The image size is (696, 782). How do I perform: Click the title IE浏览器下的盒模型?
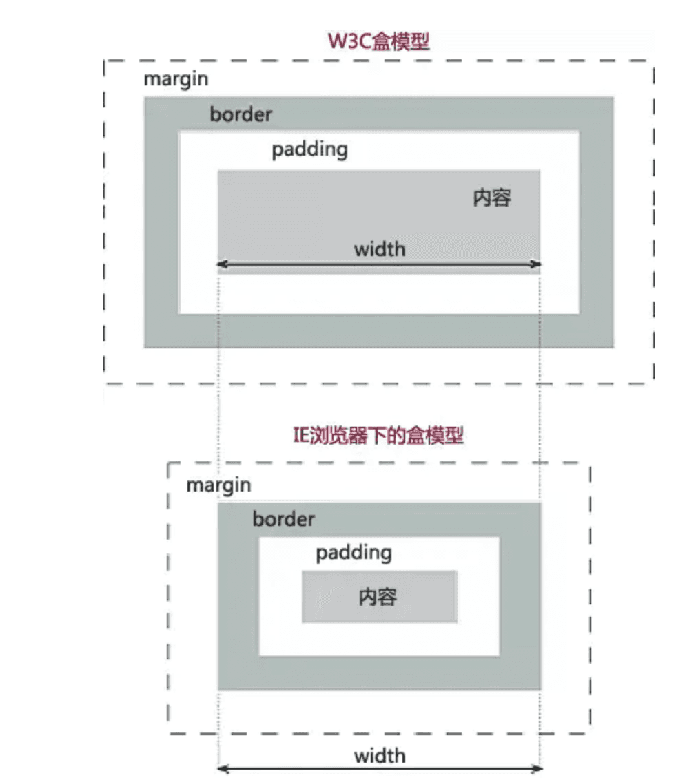pyautogui.click(x=378, y=436)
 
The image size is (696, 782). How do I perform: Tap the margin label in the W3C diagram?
pyautogui.click(x=176, y=79)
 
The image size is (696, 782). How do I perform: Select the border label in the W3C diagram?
pyautogui.click(x=240, y=114)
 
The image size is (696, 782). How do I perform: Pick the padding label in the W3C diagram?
pyautogui.click(x=309, y=150)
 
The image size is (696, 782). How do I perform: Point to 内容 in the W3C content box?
pyautogui.click(x=492, y=198)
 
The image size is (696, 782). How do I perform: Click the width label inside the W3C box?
pyautogui.click(x=380, y=249)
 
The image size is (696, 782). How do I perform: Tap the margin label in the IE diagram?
pyautogui.click(x=218, y=485)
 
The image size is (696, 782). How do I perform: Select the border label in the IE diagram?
pyautogui.click(x=283, y=519)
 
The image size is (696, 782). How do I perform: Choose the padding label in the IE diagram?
pyautogui.click(x=354, y=553)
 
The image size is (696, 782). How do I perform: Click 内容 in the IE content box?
pyautogui.click(x=378, y=596)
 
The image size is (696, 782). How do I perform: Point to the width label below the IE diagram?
pyautogui.click(x=380, y=757)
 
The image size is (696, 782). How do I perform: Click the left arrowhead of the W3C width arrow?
pyautogui.click(x=221, y=264)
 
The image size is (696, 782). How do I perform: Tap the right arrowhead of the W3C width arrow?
pyautogui.click(x=538, y=264)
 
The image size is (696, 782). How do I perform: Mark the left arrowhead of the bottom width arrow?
pyautogui.click(x=221, y=769)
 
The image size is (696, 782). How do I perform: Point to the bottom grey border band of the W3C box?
pyautogui.click(x=378, y=331)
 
